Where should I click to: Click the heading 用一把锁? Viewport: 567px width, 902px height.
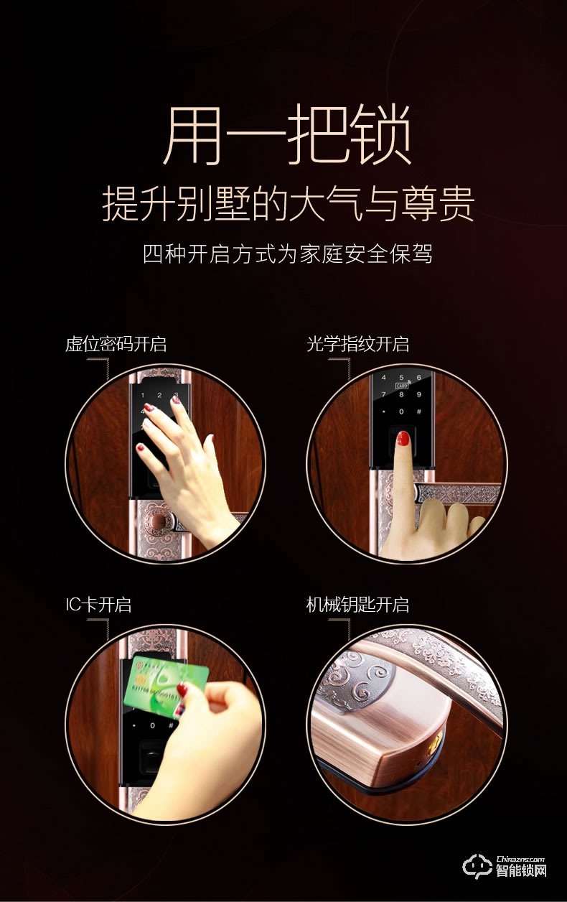coord(287,134)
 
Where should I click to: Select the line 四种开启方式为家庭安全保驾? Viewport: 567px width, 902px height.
coord(288,254)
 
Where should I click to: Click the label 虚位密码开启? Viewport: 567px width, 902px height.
coord(116,345)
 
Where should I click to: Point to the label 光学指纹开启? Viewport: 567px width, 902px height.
coord(357,345)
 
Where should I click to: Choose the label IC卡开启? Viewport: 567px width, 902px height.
coord(98,605)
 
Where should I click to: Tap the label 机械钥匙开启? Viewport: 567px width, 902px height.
coord(357,605)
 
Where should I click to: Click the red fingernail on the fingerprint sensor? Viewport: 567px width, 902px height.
coord(403,438)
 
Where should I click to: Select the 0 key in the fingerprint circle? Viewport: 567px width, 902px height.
coord(401,412)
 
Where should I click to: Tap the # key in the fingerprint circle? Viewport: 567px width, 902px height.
coord(419,412)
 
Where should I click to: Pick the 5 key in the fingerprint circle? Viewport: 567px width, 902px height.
coord(401,377)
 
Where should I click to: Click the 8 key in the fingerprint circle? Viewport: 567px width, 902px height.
coord(401,395)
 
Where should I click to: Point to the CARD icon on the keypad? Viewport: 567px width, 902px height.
coord(402,386)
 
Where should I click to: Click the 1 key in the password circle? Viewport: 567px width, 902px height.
coord(142,396)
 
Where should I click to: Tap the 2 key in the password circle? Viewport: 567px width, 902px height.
coord(159,396)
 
